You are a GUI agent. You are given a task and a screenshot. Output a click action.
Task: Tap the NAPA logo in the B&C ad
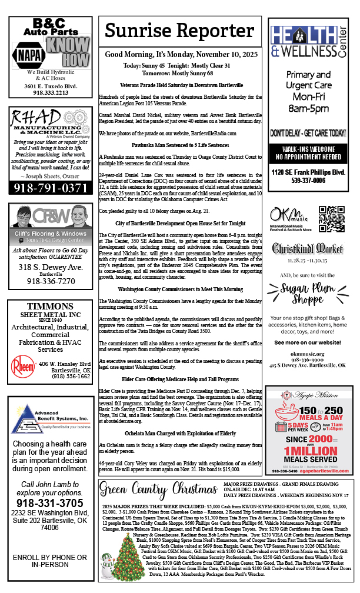(29, 54)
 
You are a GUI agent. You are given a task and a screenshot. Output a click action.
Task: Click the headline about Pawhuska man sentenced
(179, 144)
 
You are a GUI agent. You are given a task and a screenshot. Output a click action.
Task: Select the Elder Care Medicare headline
(179, 379)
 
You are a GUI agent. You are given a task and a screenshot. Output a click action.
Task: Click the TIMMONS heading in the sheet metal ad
(49, 306)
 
